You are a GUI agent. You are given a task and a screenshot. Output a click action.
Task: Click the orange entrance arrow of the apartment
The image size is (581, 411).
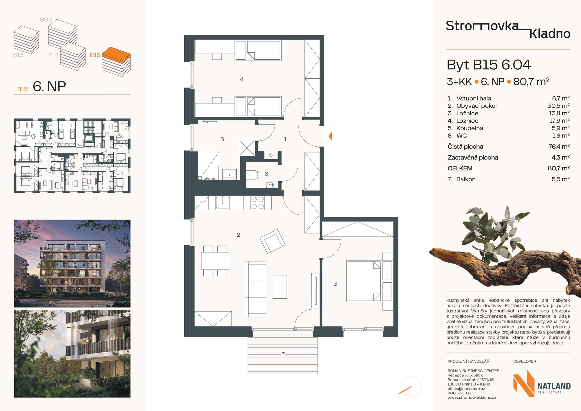coord(330,136)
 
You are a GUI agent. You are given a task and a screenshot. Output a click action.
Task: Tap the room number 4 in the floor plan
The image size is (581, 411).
coord(241,79)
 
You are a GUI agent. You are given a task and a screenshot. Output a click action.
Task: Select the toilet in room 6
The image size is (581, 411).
coord(254,175)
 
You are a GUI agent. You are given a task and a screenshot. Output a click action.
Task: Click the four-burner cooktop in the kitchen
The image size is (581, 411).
coord(258,203)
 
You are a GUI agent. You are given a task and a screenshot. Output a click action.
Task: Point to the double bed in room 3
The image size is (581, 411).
coord(364,281)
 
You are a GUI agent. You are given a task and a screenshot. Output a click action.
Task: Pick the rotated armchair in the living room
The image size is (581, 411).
coord(272,241)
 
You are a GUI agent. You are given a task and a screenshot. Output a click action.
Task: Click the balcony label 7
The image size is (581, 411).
coord(283,354)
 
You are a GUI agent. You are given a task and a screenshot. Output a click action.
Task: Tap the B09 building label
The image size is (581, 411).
coord(46,20)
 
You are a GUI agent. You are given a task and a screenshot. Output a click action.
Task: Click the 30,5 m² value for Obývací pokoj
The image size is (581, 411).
coord(558,106)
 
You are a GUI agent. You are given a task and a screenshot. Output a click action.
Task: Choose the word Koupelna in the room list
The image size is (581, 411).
coord(470,128)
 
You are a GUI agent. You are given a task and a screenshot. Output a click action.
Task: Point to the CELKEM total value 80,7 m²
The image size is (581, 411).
coord(559,168)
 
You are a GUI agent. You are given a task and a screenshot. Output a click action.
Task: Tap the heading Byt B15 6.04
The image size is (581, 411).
coord(489,65)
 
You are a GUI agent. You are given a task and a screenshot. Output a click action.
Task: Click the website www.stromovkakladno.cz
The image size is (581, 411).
coord(472,398)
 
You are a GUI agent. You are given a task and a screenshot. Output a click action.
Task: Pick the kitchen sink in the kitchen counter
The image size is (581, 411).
coord(222,203)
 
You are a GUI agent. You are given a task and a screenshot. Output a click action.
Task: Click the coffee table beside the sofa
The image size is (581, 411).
coord(280,287)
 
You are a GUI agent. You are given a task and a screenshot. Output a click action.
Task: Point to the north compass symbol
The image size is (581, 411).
coord(411,386)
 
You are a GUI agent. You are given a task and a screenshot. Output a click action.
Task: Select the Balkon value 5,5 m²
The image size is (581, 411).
coord(560,179)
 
